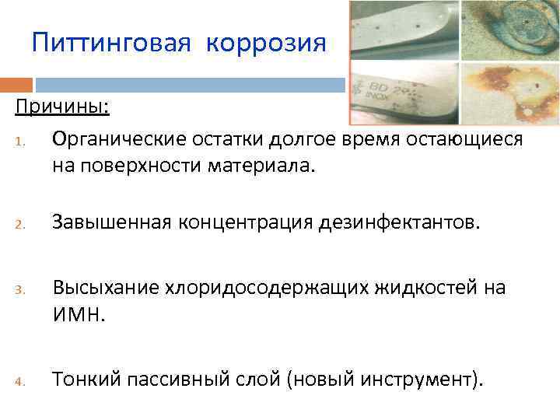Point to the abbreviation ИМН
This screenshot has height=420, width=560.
79,315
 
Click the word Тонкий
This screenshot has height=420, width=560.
83,380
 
